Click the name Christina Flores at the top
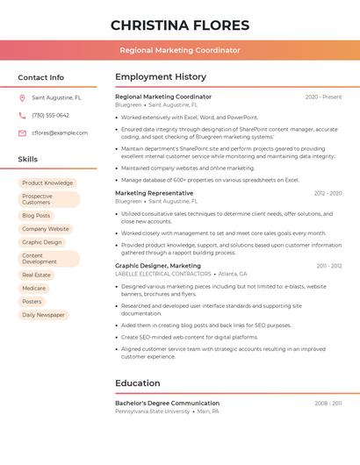point(180,25)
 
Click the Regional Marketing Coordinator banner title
point(180,50)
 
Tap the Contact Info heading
point(41,77)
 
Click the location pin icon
point(23,98)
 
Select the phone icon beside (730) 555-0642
point(23,115)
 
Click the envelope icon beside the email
point(23,132)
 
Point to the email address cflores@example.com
point(60,132)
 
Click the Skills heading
point(28,160)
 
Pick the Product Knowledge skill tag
point(47,183)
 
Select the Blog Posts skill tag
point(36,215)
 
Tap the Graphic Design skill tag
point(42,242)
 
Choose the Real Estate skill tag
point(37,275)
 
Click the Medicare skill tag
point(34,288)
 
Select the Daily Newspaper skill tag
point(44,314)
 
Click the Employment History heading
point(161,77)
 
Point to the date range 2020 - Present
point(323,97)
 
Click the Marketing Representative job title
point(155,193)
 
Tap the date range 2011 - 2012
point(329,266)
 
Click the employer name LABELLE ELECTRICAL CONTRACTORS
point(163,274)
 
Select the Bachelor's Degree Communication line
point(168,403)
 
